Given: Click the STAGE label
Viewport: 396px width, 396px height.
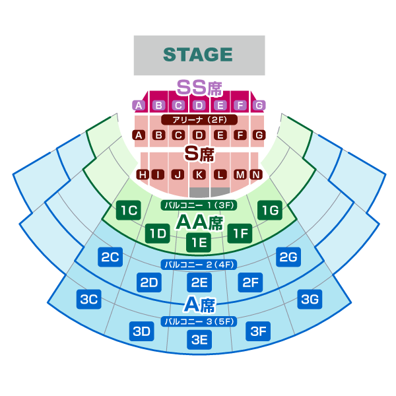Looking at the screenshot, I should (x=198, y=55).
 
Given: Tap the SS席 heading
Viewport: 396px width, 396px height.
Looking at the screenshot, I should (x=199, y=87).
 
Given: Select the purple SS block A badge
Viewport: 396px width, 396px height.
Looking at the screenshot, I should (x=139, y=105).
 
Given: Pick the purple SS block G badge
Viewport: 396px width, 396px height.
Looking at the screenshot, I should (x=259, y=105).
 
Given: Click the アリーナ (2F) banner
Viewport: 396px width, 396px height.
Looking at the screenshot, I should (x=199, y=120).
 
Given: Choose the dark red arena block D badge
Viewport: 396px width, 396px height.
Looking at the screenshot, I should (x=199, y=135).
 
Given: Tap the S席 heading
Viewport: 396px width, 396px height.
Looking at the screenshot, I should (x=199, y=154).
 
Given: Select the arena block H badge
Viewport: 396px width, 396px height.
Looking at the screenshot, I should (x=142, y=174).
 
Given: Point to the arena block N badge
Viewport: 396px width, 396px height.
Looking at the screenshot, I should (x=255, y=174).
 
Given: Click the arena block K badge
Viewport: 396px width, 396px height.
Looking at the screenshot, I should (x=199, y=174).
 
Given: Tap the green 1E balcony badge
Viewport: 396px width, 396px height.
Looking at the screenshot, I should (x=199, y=242).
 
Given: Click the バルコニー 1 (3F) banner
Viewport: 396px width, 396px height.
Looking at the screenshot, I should (x=199, y=205).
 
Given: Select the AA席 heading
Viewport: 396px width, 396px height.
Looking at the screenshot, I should (x=199, y=222).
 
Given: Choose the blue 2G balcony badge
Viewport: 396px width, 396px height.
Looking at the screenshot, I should (x=288, y=257).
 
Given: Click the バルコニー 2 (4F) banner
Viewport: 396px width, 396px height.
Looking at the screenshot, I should (x=199, y=265).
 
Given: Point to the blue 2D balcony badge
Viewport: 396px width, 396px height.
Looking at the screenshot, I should (x=150, y=283).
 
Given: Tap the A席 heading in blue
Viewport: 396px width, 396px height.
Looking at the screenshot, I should (x=199, y=304).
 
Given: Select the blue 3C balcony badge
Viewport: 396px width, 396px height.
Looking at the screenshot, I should (x=89, y=300).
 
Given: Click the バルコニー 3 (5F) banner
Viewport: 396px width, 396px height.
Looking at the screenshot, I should (x=199, y=321).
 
